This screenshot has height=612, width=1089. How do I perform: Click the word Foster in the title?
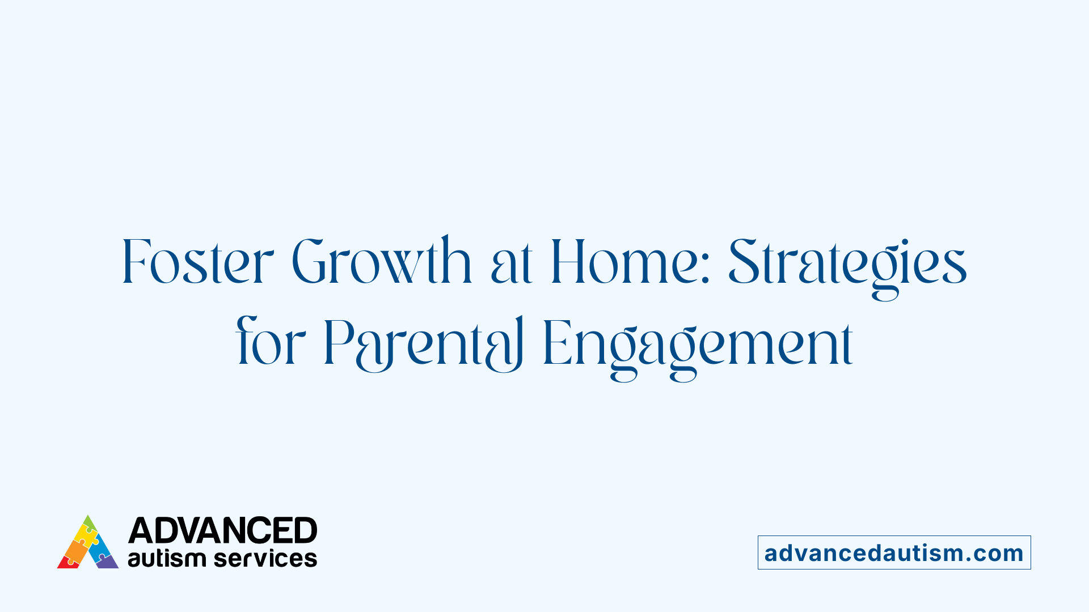coord(197,262)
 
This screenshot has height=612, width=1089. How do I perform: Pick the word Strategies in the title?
coord(847,263)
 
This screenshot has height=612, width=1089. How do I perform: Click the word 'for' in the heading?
coord(270,343)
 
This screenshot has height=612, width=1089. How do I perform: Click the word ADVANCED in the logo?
coord(222,531)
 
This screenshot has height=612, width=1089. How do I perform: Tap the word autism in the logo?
coord(166,559)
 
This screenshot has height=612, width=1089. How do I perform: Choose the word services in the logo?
coord(265,559)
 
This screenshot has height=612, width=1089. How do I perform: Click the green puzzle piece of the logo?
coord(89,523)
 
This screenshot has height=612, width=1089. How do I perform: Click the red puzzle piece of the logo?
coord(67,563)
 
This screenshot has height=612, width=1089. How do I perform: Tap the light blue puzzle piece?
coord(101,547)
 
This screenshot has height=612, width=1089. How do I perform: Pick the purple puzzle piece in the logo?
coord(107,562)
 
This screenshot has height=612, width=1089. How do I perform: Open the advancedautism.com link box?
coord(894,552)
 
